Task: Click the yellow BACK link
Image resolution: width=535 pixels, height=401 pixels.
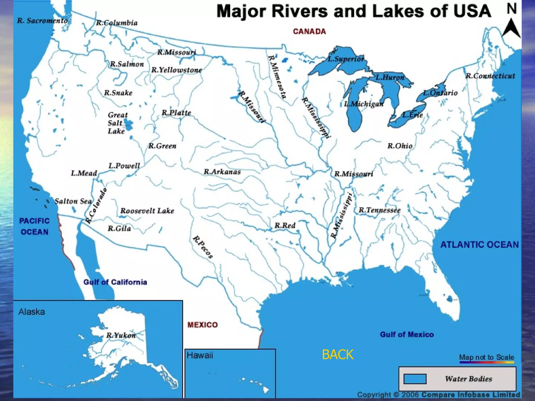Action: pos(338,355)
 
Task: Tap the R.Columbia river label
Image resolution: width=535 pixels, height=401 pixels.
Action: pos(117,23)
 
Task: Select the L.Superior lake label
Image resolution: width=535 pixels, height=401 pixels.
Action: pos(346,59)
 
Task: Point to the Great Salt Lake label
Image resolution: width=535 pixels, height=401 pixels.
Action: pos(118,123)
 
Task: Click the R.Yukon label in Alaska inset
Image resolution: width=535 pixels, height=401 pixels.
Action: pos(121,335)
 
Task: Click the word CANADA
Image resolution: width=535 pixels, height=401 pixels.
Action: pos(309,32)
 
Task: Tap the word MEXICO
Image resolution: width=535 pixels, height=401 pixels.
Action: pos(202,325)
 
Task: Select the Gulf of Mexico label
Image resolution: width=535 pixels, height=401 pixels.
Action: pos(407,334)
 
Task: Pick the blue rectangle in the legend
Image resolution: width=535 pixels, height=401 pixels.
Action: pos(415,379)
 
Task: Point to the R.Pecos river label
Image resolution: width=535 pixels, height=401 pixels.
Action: pos(203,247)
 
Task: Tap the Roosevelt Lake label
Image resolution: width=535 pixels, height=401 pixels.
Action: pos(147,211)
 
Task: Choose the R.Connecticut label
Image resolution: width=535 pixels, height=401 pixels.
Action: pos(490,76)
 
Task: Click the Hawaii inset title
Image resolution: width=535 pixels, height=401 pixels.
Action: pos(200,355)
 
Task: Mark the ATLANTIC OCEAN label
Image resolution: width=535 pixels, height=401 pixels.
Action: pos(479,245)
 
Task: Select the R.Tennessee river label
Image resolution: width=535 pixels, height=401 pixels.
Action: pos(379,210)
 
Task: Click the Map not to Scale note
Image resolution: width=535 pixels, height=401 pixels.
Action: pos(486,357)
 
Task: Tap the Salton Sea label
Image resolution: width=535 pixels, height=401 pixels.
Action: pos(73,201)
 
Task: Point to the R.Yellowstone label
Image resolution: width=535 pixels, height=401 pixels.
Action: pos(177,70)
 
